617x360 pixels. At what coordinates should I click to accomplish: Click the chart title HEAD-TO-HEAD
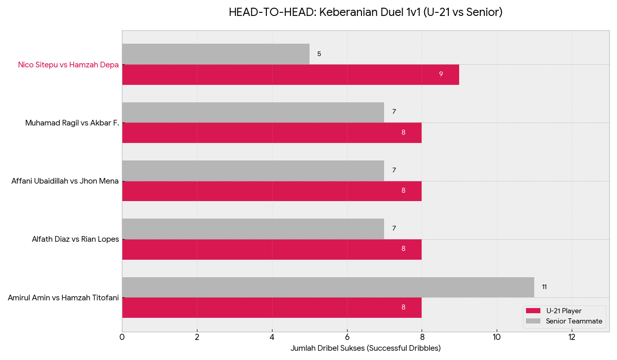366,12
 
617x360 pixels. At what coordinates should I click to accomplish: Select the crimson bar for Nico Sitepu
291,75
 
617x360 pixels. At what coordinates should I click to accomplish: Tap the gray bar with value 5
216,54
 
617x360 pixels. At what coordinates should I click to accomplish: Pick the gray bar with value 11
328,287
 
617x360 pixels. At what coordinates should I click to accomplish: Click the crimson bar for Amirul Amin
271,308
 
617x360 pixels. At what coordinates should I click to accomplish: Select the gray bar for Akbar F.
253,112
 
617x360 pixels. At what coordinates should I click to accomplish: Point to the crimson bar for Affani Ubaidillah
271,191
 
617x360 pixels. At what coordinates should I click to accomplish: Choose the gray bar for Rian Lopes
253,229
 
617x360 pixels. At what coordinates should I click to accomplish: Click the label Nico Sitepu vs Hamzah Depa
68,65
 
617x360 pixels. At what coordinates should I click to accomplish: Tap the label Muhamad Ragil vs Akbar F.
72,123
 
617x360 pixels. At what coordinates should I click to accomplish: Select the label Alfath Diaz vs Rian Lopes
75,239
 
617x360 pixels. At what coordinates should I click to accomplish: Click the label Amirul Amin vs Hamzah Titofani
63,297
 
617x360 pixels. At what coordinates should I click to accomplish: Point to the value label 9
441,75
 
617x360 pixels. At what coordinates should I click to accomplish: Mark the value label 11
545,287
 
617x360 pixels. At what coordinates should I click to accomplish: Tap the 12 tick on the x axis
572,337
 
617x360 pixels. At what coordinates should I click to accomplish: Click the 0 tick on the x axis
122,337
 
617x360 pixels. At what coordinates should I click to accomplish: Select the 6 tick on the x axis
347,337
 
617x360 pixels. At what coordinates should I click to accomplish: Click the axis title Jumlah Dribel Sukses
366,348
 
